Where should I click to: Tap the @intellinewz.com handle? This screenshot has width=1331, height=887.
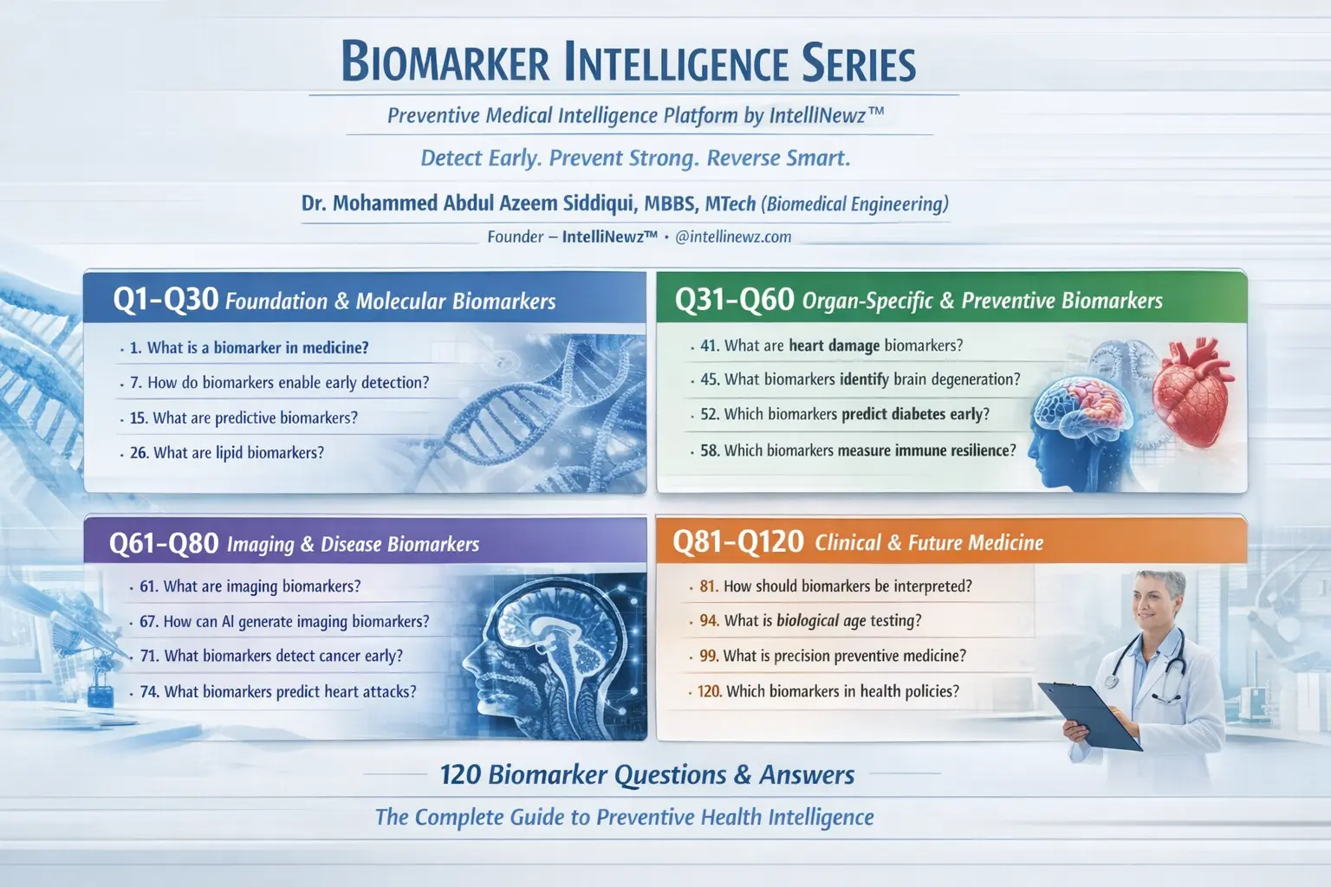pyautogui.click(x=733, y=236)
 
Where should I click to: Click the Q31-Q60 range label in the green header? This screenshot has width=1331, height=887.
pyautogui.click(x=735, y=300)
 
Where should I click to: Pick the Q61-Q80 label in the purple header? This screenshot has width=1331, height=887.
pyautogui.click(x=164, y=544)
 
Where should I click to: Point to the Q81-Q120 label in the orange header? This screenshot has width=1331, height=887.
pyautogui.click(x=738, y=542)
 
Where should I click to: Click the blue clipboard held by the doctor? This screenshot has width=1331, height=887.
pyautogui.click(x=1089, y=715)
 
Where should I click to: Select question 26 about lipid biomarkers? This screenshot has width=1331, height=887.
pyautogui.click(x=227, y=453)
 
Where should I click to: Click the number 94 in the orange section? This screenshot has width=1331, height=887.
pyautogui.click(x=709, y=621)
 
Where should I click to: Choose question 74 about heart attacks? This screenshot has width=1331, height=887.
pyautogui.click(x=278, y=691)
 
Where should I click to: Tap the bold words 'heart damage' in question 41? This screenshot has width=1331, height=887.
pyautogui.click(x=834, y=345)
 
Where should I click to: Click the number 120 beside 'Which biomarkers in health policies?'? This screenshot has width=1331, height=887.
pyautogui.click(x=710, y=691)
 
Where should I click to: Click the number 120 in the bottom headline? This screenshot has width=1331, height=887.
pyautogui.click(x=460, y=774)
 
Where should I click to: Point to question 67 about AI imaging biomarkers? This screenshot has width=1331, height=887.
pyautogui.click(x=284, y=621)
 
